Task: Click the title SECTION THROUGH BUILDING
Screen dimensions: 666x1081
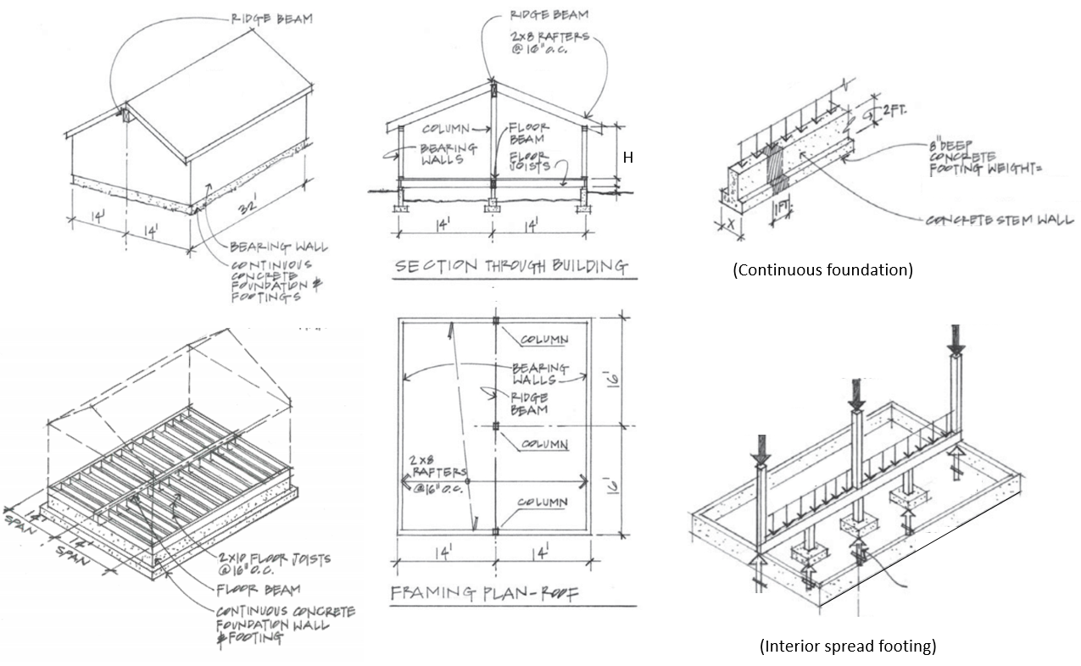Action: [511, 267]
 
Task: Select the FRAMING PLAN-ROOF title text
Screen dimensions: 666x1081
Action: [483, 593]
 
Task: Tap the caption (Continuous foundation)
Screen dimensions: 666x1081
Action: [822, 270]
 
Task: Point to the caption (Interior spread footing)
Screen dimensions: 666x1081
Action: [847, 647]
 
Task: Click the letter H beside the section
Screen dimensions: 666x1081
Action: [628, 158]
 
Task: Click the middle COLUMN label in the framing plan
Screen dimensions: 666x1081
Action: [543, 444]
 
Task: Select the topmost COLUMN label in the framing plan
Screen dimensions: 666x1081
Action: [543, 340]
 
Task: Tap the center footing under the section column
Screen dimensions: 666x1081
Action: [493, 208]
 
